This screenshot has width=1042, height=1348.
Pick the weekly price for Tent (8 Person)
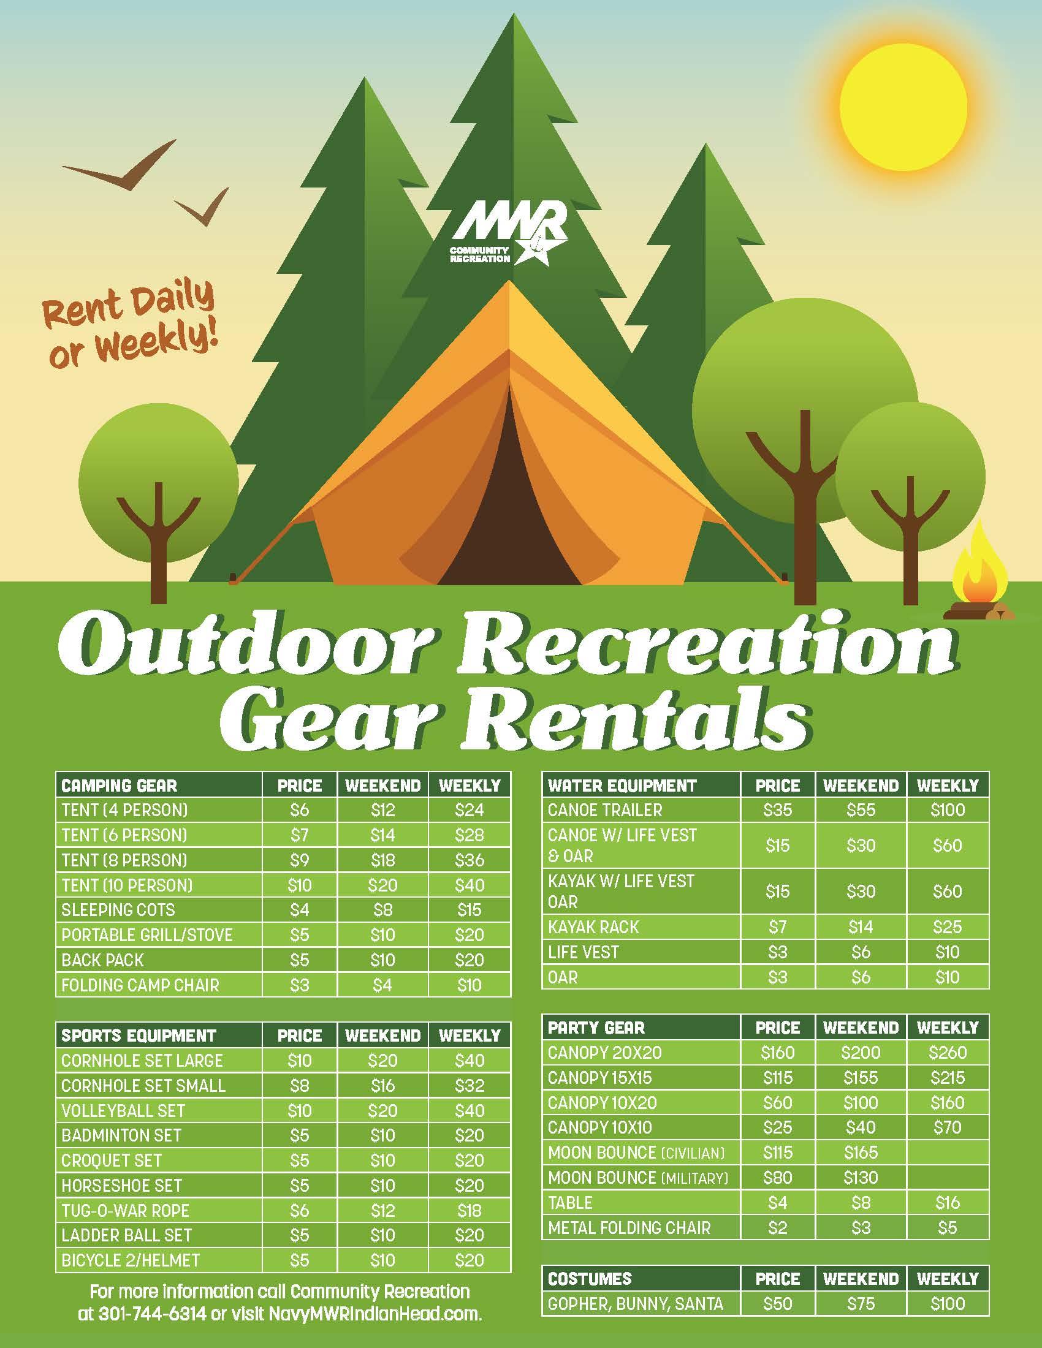point(469,860)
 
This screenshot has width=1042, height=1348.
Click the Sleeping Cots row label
point(118,910)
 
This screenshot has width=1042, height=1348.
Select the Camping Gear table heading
point(119,786)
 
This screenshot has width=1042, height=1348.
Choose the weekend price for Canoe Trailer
point(861,810)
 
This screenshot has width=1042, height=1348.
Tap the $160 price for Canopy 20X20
point(777,1052)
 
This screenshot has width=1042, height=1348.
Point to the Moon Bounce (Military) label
point(638,1177)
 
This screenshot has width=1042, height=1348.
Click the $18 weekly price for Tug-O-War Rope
point(469,1210)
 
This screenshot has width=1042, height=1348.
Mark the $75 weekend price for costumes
point(861,1303)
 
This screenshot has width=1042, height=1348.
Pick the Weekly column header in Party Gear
point(948,1028)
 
